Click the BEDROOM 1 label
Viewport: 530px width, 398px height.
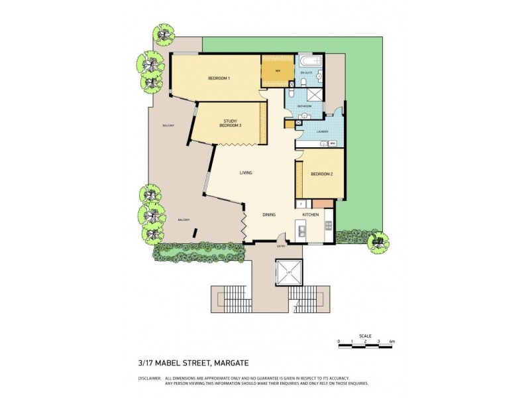(x=219, y=79)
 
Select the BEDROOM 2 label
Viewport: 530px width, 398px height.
(x=321, y=174)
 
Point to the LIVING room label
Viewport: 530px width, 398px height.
(x=246, y=173)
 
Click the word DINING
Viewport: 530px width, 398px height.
(x=269, y=215)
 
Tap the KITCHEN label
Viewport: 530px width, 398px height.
(x=311, y=215)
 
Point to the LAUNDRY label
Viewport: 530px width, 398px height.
(x=323, y=131)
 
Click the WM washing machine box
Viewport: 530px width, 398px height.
(x=333, y=143)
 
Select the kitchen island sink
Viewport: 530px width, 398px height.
(x=301, y=231)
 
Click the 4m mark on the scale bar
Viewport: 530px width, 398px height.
(x=392, y=342)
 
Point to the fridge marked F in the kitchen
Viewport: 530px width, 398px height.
(x=301, y=203)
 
